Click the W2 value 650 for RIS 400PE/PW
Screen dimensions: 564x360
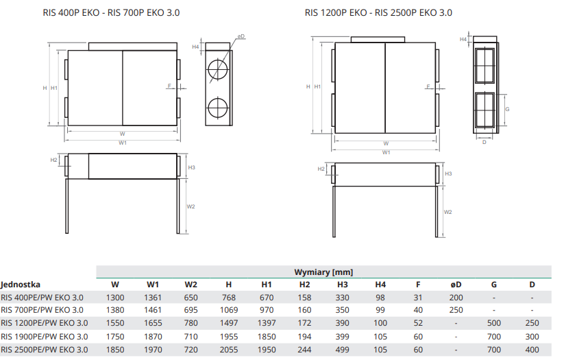click(x=191, y=298)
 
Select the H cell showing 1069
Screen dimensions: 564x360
click(x=229, y=310)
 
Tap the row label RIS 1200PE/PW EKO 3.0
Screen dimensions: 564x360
click(x=45, y=323)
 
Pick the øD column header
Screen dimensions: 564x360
click(x=456, y=285)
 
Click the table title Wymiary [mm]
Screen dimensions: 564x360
click(x=323, y=272)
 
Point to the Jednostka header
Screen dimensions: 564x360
click(x=21, y=285)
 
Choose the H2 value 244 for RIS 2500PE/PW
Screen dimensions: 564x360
click(x=304, y=350)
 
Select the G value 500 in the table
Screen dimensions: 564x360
click(x=494, y=323)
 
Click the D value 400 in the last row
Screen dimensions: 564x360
click(x=532, y=350)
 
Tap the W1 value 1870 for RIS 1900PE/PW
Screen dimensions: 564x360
click(x=153, y=337)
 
